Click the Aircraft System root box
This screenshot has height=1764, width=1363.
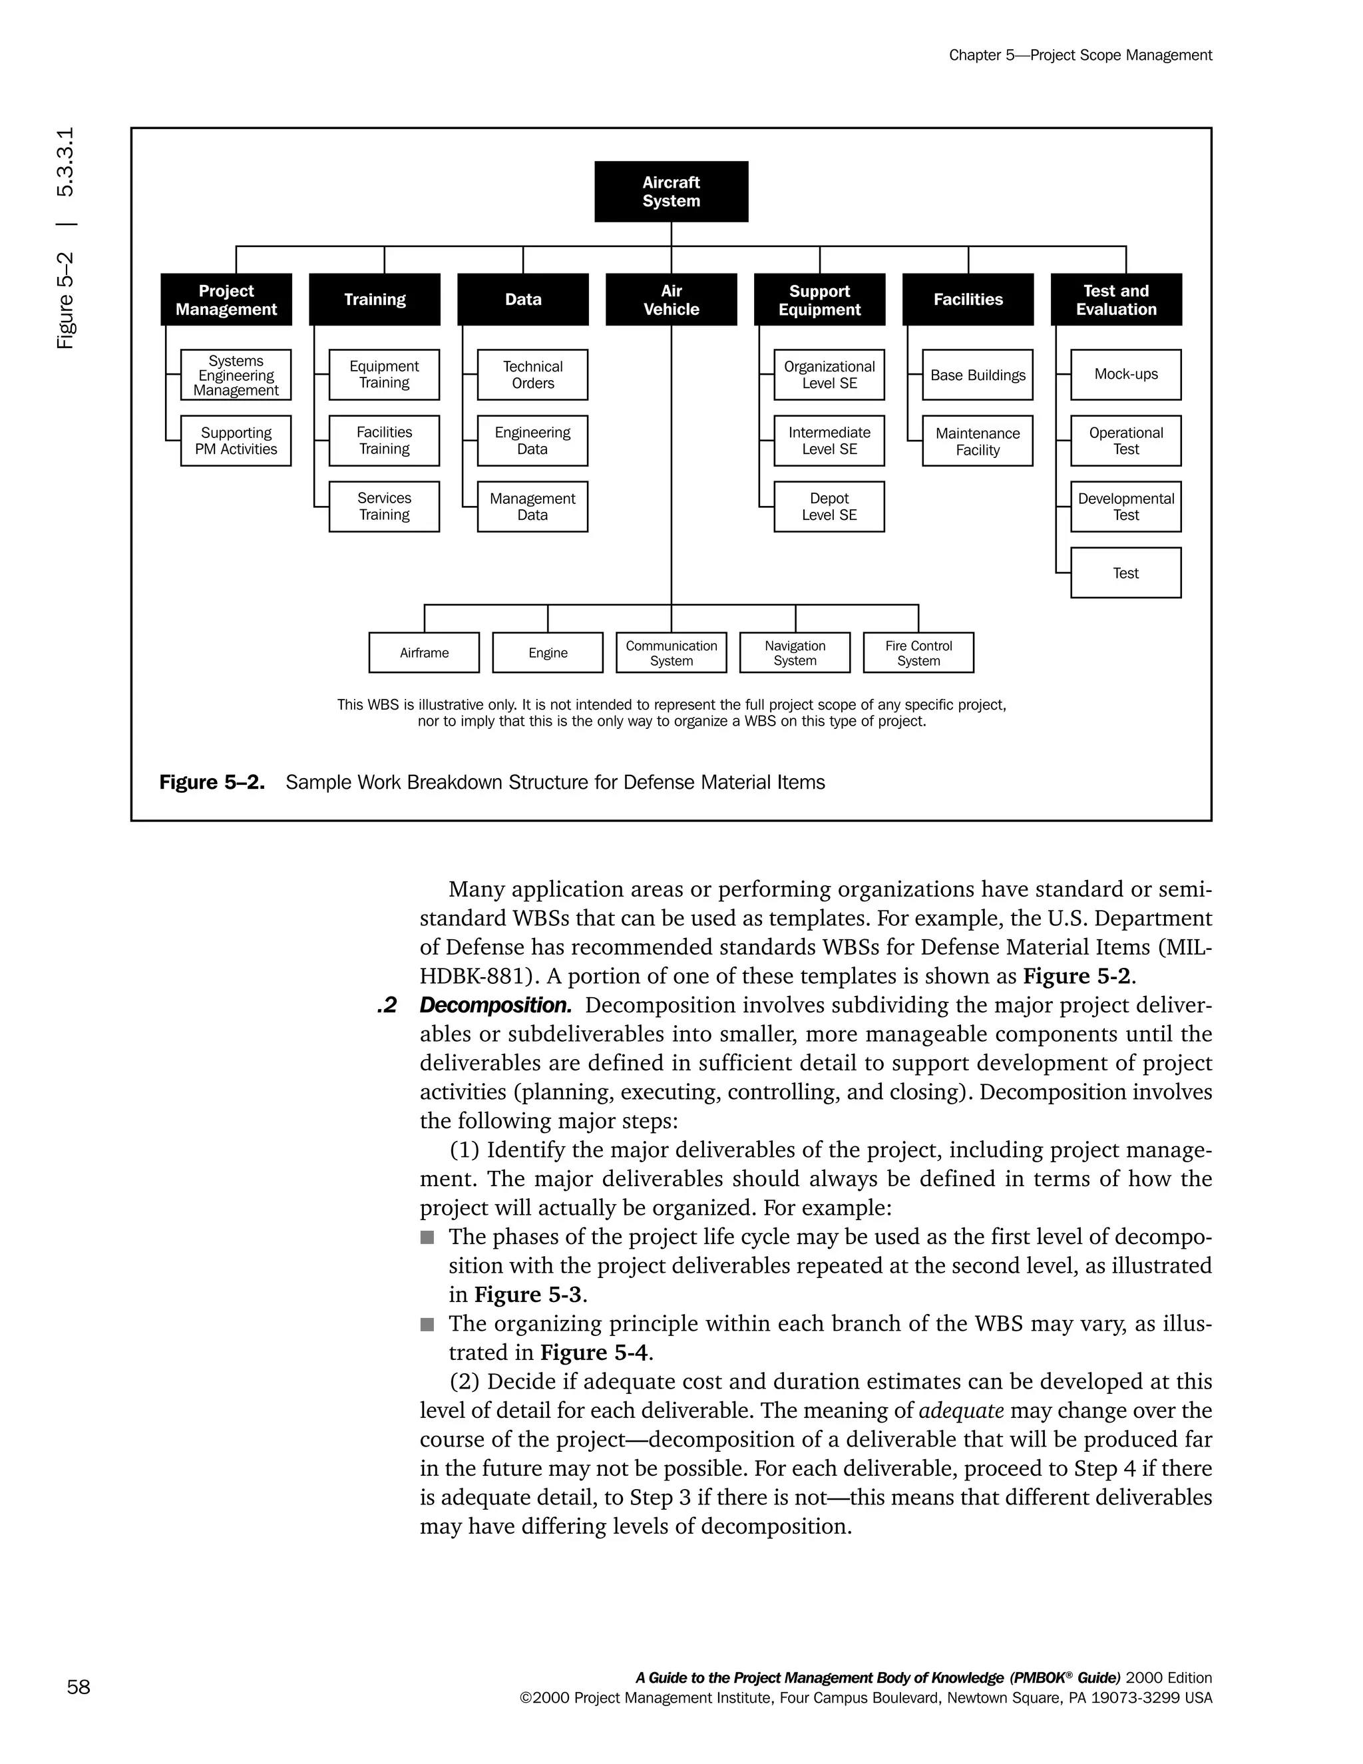(x=671, y=192)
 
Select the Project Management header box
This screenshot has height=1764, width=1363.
(x=226, y=300)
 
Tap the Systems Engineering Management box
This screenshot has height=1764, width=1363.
(x=236, y=375)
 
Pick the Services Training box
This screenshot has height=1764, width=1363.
(x=385, y=507)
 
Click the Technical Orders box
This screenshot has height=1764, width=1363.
(x=532, y=375)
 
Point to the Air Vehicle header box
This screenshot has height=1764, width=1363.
(x=671, y=300)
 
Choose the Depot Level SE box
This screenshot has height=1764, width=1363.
(x=829, y=507)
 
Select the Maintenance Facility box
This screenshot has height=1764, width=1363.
(x=977, y=441)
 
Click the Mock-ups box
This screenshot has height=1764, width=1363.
(x=1125, y=375)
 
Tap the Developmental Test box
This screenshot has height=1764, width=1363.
(x=1125, y=507)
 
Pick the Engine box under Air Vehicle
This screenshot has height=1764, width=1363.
(x=548, y=652)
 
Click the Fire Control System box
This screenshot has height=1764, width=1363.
(x=918, y=652)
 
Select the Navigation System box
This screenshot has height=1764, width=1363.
(x=795, y=652)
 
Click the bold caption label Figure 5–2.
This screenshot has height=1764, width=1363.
(x=212, y=783)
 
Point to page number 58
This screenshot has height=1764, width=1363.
(x=79, y=1687)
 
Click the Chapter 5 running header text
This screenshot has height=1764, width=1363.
(x=1079, y=55)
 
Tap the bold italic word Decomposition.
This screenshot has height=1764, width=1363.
(x=495, y=1006)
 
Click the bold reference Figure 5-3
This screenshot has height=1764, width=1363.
(x=527, y=1295)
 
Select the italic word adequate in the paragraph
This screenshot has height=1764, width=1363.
(x=961, y=1411)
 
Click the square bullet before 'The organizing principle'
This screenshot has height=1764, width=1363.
(x=427, y=1325)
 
